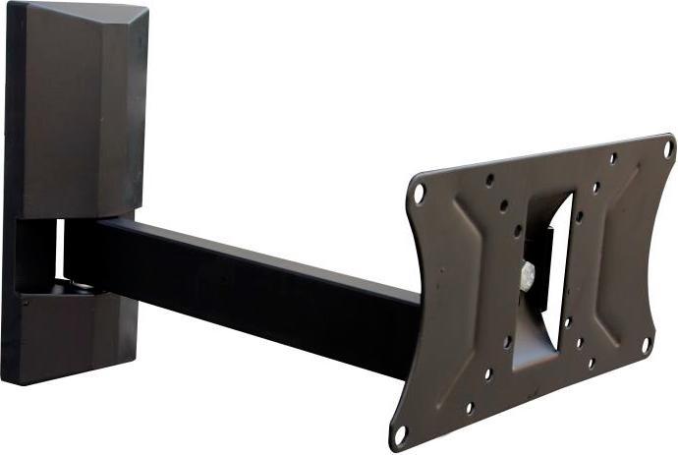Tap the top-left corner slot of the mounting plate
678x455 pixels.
point(419,193)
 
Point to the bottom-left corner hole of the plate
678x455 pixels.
point(400,432)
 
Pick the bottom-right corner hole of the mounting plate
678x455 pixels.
point(646,345)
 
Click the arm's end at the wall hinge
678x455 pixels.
point(84,251)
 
